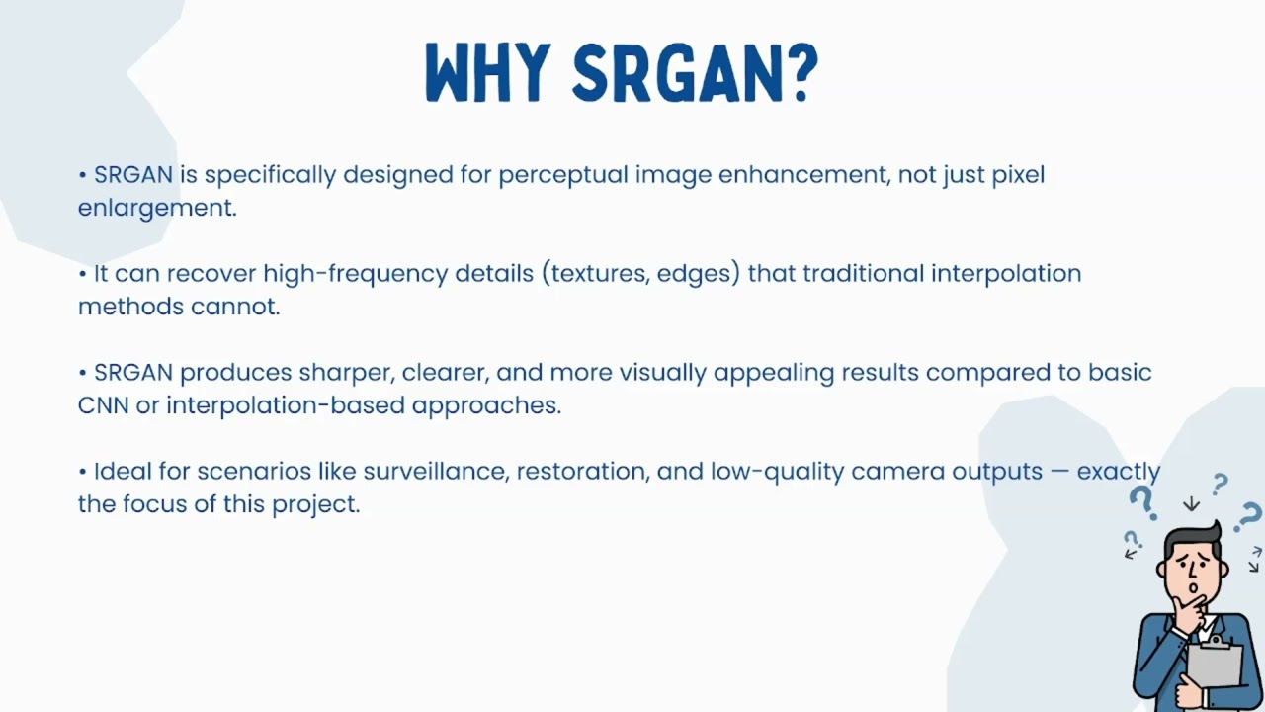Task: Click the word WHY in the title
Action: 486,73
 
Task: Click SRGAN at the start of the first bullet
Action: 133,175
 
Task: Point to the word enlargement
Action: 156,208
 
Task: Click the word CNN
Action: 103,405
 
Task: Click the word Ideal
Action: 120,472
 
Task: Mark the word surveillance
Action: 436,472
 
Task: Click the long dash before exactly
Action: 1059,472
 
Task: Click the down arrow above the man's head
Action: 1192,503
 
